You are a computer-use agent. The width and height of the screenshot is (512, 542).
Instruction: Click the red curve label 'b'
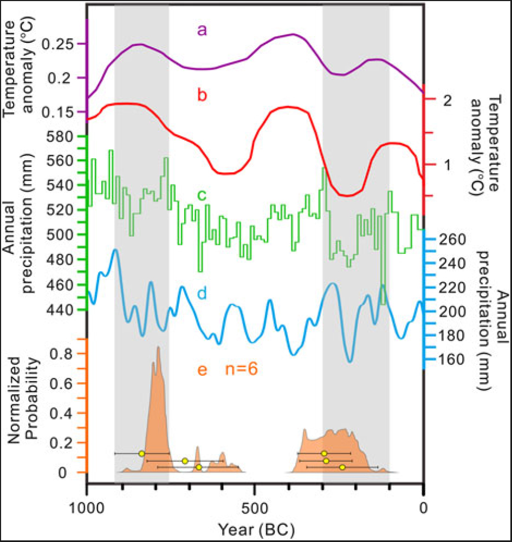click(202, 96)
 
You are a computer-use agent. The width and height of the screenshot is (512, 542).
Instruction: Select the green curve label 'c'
click(202, 195)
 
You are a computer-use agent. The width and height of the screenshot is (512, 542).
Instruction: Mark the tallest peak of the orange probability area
click(158, 348)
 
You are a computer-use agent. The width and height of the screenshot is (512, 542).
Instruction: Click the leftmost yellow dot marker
click(141, 453)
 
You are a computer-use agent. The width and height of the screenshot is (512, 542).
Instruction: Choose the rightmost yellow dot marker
click(342, 467)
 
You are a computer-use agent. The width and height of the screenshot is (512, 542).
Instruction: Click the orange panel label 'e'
click(202, 370)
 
